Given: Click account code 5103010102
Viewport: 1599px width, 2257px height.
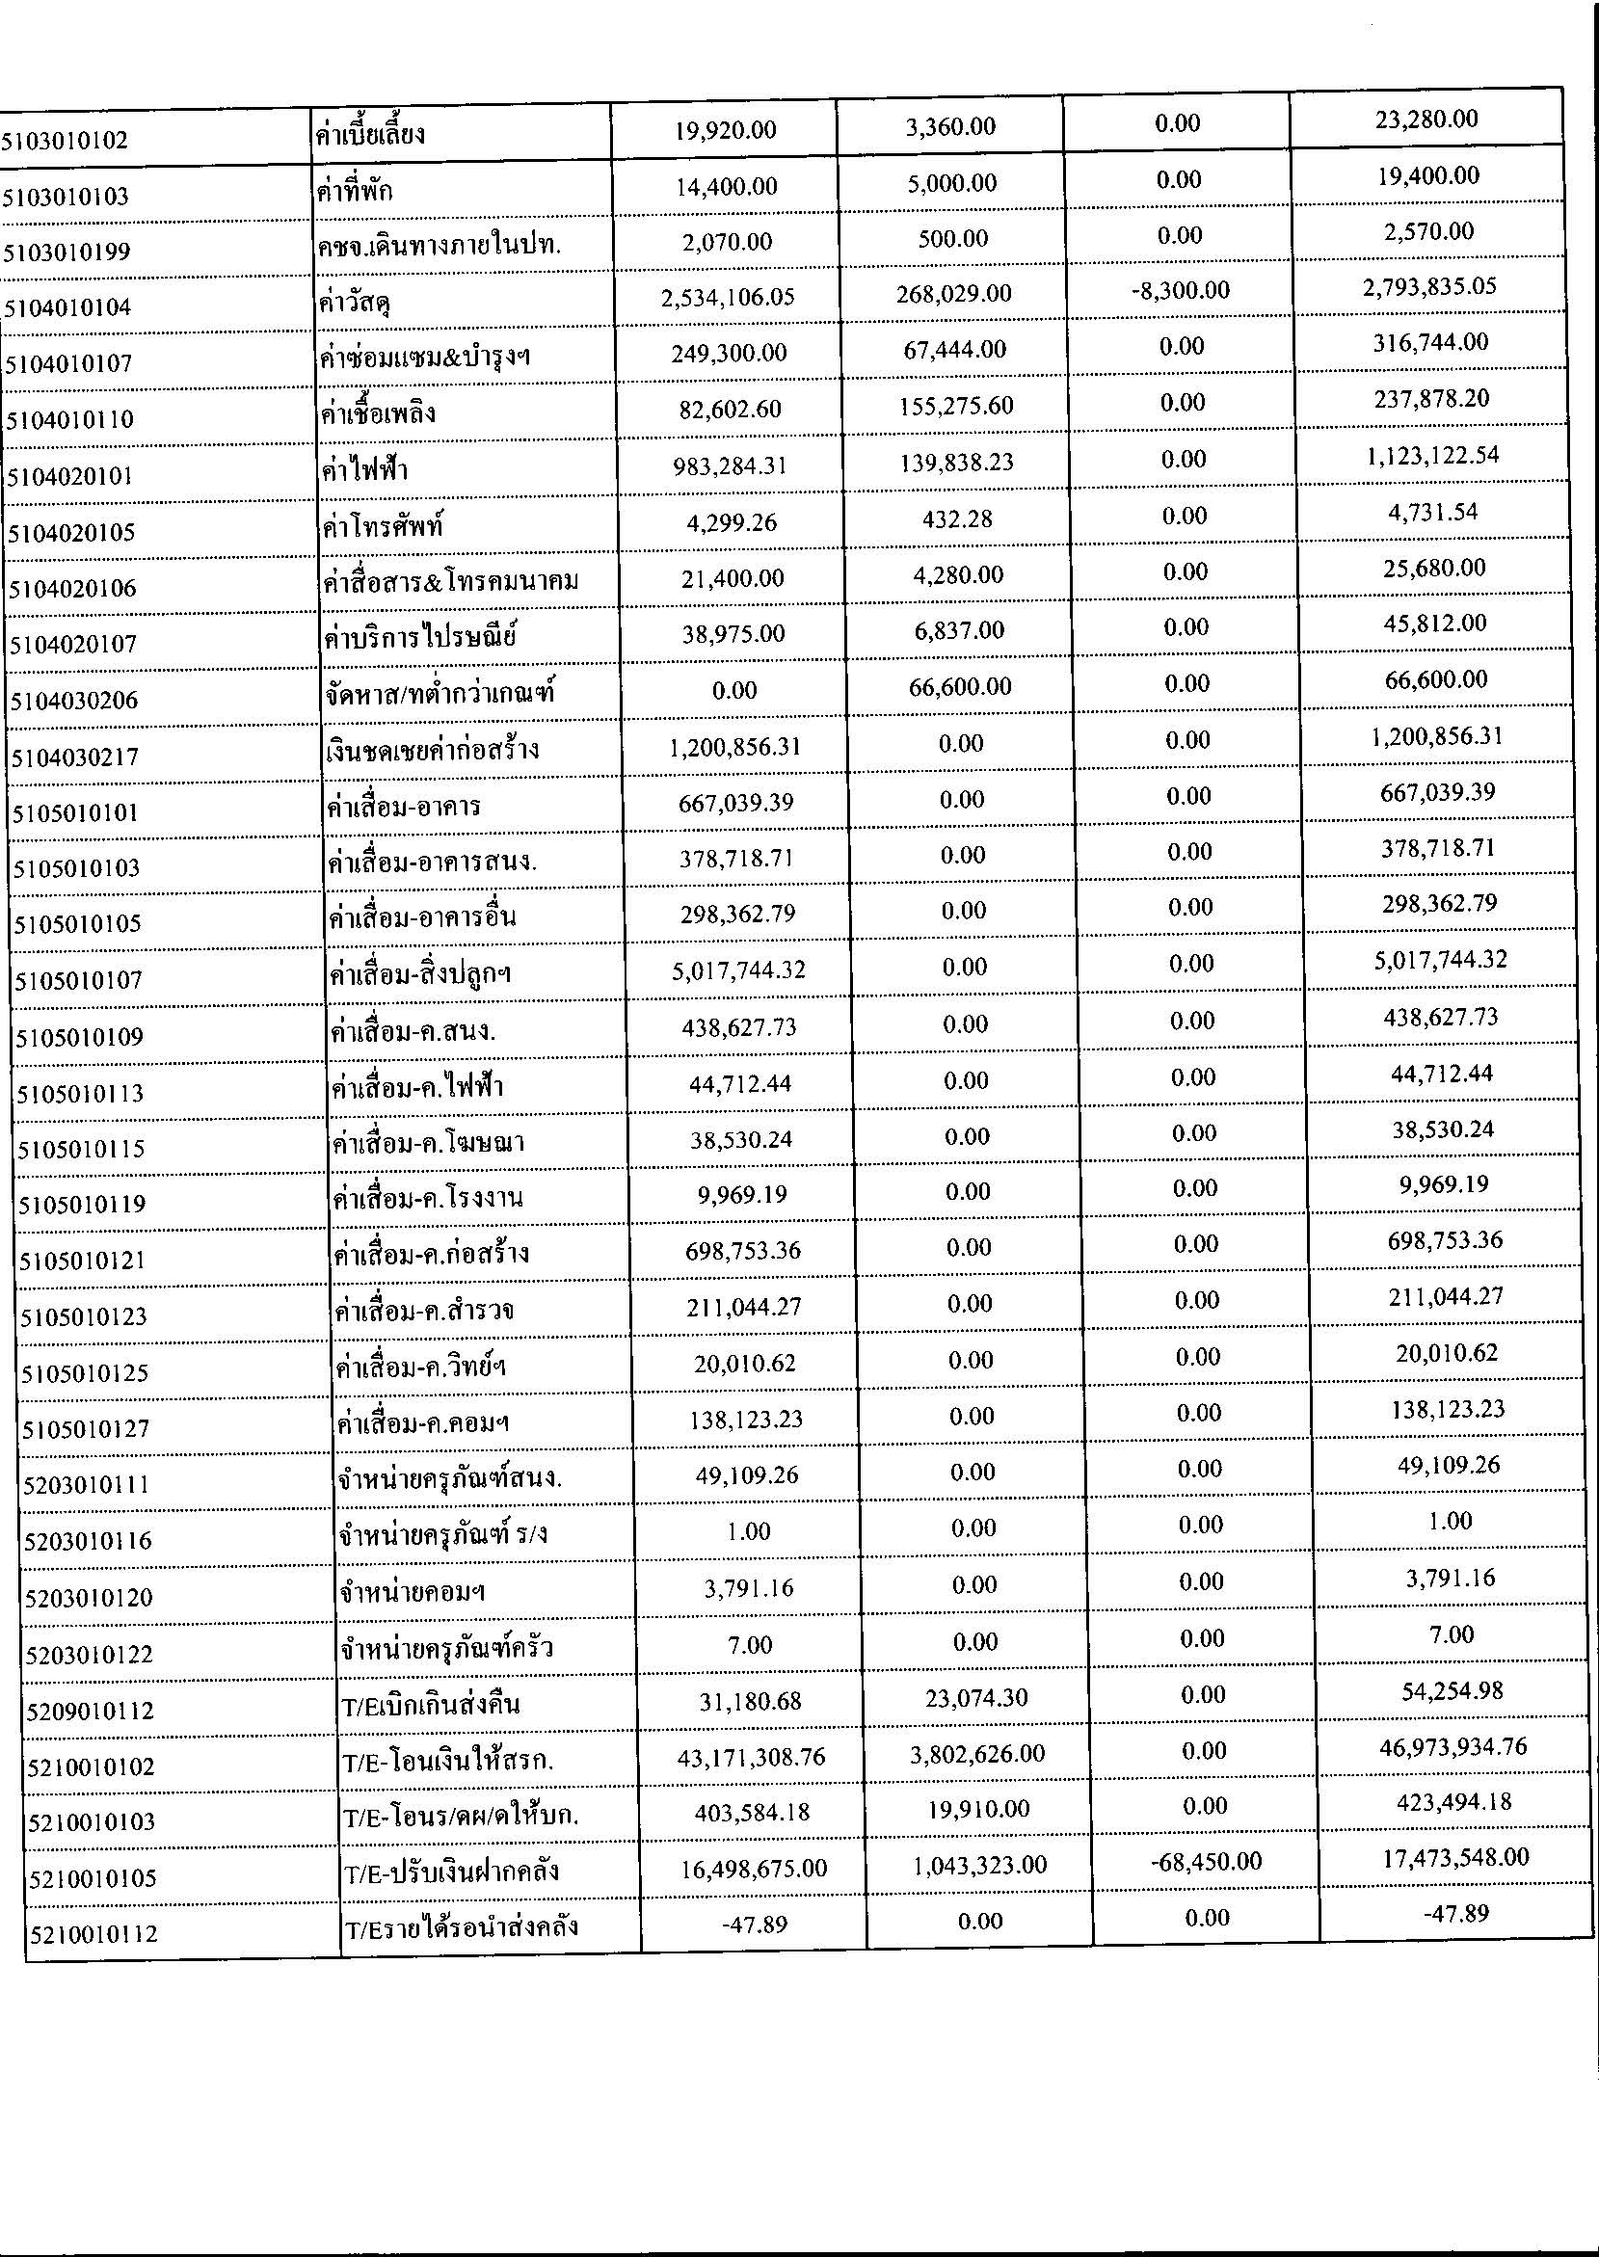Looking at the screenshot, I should click(x=65, y=141).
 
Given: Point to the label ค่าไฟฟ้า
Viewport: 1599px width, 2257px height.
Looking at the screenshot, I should click(x=364, y=469).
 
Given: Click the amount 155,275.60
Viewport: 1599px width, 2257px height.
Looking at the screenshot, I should click(x=956, y=407).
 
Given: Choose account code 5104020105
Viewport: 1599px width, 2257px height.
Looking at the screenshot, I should click(x=72, y=533).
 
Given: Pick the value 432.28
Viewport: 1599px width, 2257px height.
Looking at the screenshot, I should click(x=957, y=518).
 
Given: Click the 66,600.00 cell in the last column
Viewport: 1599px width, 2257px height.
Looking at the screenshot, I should click(x=1435, y=680).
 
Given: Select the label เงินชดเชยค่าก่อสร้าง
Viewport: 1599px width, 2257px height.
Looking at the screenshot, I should click(x=431, y=750).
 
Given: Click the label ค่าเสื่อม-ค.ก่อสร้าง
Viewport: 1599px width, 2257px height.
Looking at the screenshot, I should click(x=431, y=1254).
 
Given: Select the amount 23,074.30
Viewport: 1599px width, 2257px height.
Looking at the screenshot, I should click(x=972, y=1698).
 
